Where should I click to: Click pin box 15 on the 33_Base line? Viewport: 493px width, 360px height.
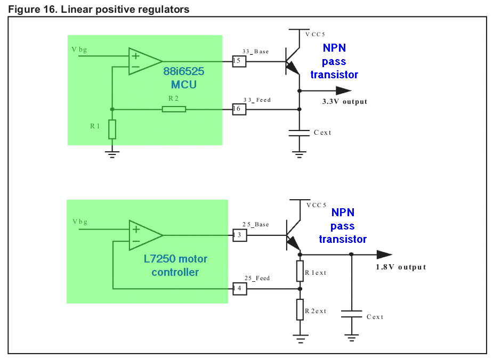pos(239,61)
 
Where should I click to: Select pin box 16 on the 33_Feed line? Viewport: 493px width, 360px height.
pos(239,109)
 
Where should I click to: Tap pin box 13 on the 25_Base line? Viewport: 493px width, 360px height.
pos(240,235)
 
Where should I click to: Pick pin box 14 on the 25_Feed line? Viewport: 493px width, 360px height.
pos(240,289)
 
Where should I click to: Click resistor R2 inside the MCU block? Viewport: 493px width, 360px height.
pos(174,109)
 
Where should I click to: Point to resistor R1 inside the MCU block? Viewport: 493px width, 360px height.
pos(112,129)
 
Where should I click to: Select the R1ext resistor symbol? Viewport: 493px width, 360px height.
pos(300,271)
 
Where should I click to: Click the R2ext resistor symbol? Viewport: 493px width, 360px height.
pos(300,309)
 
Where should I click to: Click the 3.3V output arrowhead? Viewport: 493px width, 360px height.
pos(344,91)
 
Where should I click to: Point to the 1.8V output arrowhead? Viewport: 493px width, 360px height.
pos(384,255)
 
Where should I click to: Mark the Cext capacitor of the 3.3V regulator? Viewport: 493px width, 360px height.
pos(299,133)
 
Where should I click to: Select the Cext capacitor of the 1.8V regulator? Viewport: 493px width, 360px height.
pos(352,314)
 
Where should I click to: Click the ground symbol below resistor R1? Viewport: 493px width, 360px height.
pos(112,154)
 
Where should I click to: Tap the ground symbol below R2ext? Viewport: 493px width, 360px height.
pos(300,339)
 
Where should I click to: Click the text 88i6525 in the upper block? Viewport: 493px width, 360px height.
pos(184,71)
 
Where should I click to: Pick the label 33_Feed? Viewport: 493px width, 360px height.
pos(257,100)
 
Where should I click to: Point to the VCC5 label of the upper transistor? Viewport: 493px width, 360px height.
pos(315,34)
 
